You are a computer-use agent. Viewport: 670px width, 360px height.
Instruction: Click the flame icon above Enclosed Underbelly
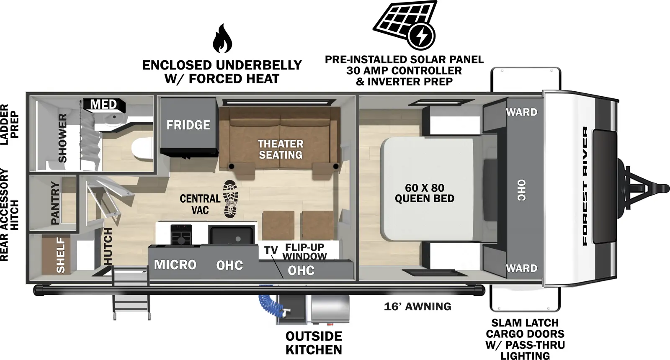click(222, 39)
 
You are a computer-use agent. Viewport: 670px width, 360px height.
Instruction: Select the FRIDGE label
click(188, 125)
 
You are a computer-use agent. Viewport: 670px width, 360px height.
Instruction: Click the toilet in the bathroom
click(142, 149)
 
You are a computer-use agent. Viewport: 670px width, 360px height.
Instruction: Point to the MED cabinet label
click(103, 104)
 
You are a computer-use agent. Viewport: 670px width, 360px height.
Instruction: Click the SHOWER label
click(62, 138)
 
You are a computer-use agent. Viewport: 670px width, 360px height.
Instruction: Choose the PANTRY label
click(55, 203)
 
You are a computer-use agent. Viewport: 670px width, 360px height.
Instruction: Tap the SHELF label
click(61, 255)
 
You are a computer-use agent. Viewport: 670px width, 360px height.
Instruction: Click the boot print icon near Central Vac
click(229, 198)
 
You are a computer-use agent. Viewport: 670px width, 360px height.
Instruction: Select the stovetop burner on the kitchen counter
click(181, 235)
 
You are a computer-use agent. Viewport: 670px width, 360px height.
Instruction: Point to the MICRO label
click(175, 265)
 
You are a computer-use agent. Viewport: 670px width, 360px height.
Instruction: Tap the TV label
click(271, 250)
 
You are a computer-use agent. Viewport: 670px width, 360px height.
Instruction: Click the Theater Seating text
click(280, 149)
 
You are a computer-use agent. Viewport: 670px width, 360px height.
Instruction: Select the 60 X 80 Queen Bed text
click(424, 193)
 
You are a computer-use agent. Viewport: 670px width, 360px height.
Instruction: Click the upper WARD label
click(521, 112)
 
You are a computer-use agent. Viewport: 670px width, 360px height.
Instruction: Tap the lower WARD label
click(521, 268)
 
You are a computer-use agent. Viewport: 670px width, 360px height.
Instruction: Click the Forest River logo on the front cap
click(585, 186)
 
